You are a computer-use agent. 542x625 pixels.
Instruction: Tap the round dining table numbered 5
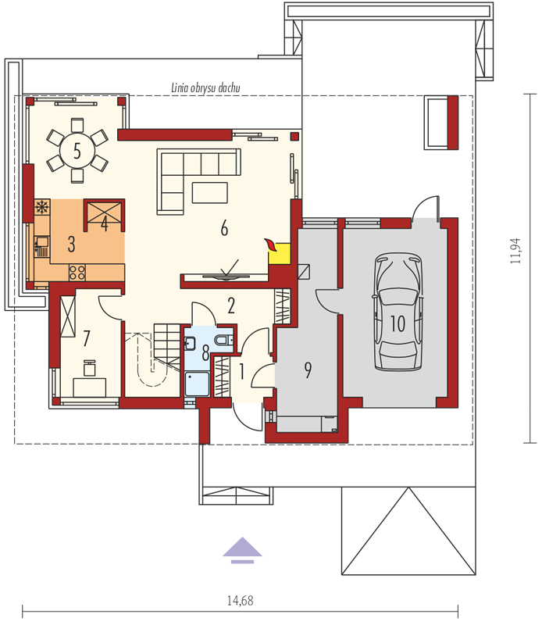pyautogui.click(x=77, y=151)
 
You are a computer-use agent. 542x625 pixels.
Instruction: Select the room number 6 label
pyautogui.click(x=224, y=228)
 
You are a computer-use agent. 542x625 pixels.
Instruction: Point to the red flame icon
pyautogui.click(x=270, y=245)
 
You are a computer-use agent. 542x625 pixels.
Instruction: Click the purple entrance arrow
pyautogui.click(x=242, y=550)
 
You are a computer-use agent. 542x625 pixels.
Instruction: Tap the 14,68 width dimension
pyautogui.click(x=240, y=600)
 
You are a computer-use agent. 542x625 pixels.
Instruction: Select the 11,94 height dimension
pyautogui.click(x=515, y=251)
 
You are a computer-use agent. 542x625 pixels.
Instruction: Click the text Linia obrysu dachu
pyautogui.click(x=205, y=87)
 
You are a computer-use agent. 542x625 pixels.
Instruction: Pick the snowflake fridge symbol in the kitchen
pyautogui.click(x=41, y=207)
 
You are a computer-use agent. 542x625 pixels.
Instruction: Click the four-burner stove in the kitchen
pyautogui.click(x=77, y=273)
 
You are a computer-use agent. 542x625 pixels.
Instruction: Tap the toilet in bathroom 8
pyautogui.click(x=223, y=340)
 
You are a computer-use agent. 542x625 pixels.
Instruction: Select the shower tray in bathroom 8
pyautogui.click(x=198, y=384)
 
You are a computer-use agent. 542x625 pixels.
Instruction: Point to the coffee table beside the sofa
pyautogui.click(x=210, y=192)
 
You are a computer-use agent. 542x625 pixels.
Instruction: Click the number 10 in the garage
pyautogui.click(x=398, y=323)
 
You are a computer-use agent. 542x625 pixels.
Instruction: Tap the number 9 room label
pyautogui.click(x=308, y=370)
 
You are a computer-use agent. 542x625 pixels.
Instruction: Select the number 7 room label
pyautogui.click(x=87, y=338)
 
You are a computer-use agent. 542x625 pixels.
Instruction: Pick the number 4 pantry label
pyautogui.click(x=105, y=223)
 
